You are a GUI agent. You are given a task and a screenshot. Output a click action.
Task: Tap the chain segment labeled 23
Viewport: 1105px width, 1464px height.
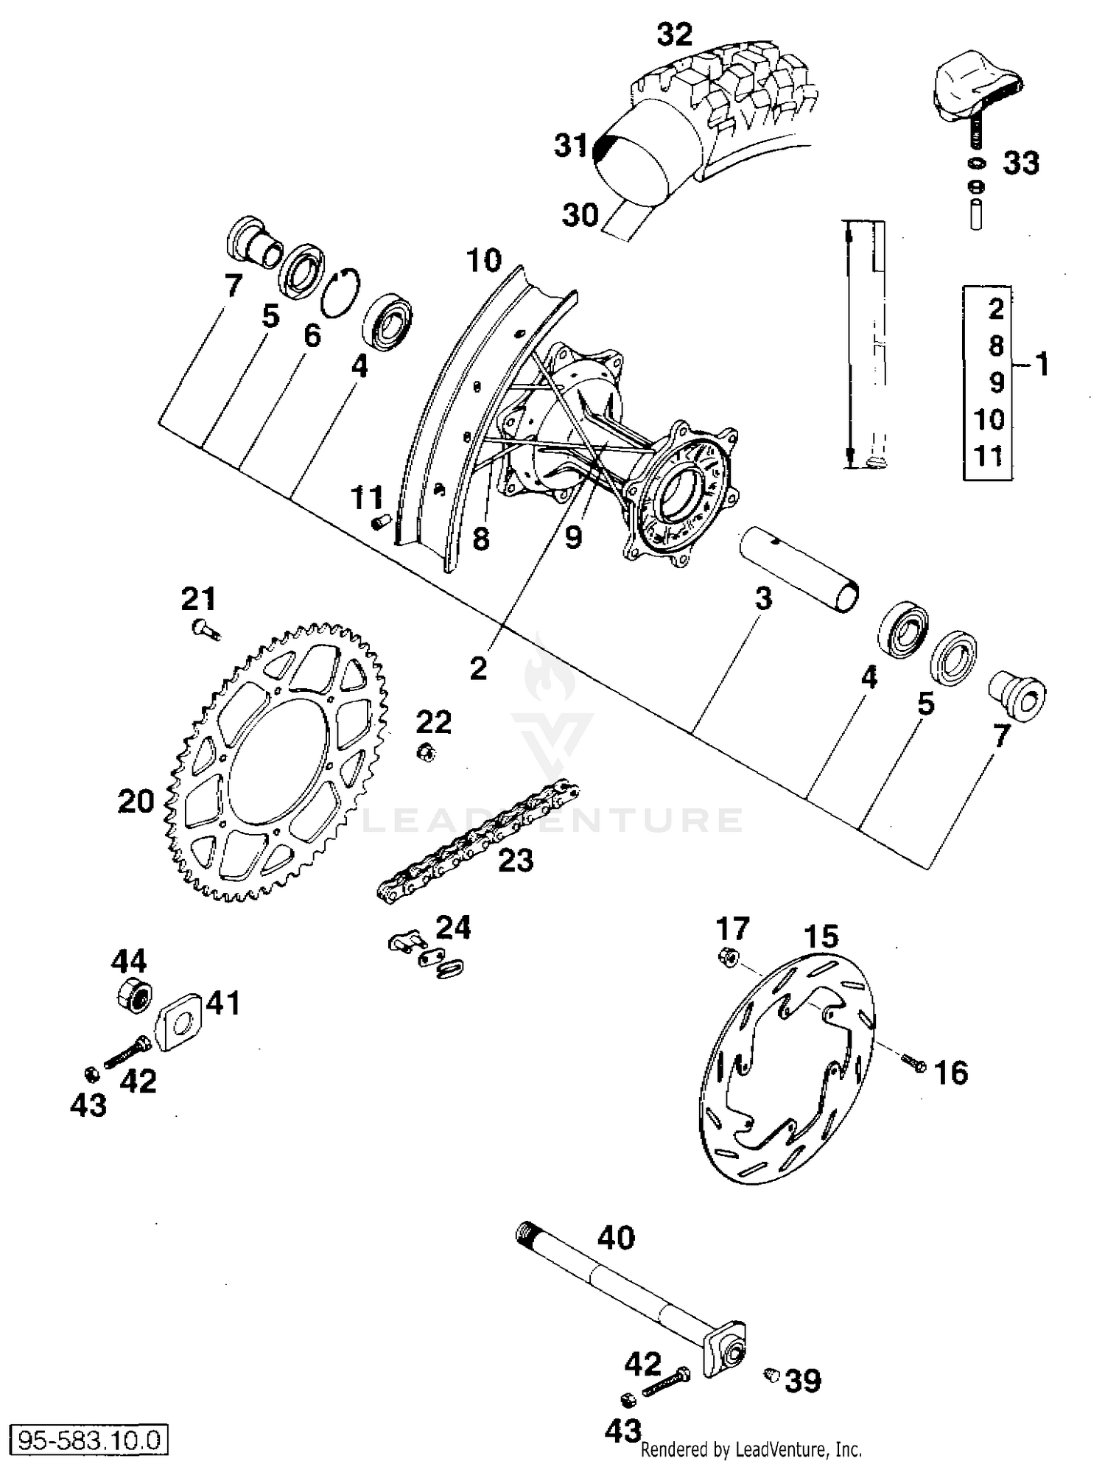pyautogui.click(x=479, y=840)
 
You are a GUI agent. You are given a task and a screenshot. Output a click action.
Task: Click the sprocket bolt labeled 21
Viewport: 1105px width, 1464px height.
pyautogui.click(x=204, y=628)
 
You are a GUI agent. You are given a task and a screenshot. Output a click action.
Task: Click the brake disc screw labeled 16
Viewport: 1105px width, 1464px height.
pyautogui.click(x=913, y=1062)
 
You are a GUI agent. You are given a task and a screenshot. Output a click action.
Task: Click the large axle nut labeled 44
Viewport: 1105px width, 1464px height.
pyautogui.click(x=133, y=995)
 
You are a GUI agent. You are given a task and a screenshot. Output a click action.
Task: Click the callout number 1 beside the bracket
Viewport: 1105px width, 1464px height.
pyautogui.click(x=1042, y=364)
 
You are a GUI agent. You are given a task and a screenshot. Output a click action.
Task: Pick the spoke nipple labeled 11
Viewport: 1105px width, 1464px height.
pyautogui.click(x=380, y=522)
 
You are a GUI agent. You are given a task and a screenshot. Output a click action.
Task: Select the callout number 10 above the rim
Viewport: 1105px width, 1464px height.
pyautogui.click(x=484, y=260)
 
